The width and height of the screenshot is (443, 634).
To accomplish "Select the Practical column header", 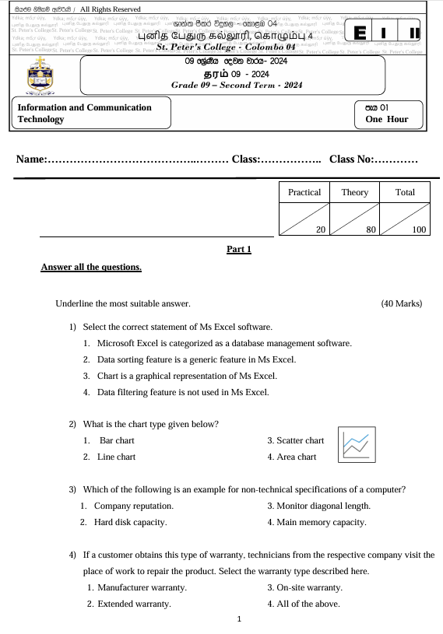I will click(304, 192).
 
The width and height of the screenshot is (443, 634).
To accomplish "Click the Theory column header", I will click(354, 192).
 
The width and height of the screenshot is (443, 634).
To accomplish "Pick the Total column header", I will click(405, 192).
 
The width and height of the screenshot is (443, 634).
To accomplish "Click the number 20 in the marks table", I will click(320, 229).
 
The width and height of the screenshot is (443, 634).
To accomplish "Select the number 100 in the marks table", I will click(419, 229).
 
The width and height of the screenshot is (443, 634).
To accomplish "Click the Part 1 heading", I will click(238, 250).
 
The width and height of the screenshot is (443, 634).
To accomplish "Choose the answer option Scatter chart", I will click(295, 441).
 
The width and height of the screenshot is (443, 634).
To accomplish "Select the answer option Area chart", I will click(292, 457).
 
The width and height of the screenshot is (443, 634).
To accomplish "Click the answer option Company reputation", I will click(133, 506).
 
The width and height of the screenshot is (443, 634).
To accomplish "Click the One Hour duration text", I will click(390, 121).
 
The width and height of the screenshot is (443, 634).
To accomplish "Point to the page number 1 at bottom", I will click(239, 620).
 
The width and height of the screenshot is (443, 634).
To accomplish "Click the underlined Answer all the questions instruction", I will click(91, 268).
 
